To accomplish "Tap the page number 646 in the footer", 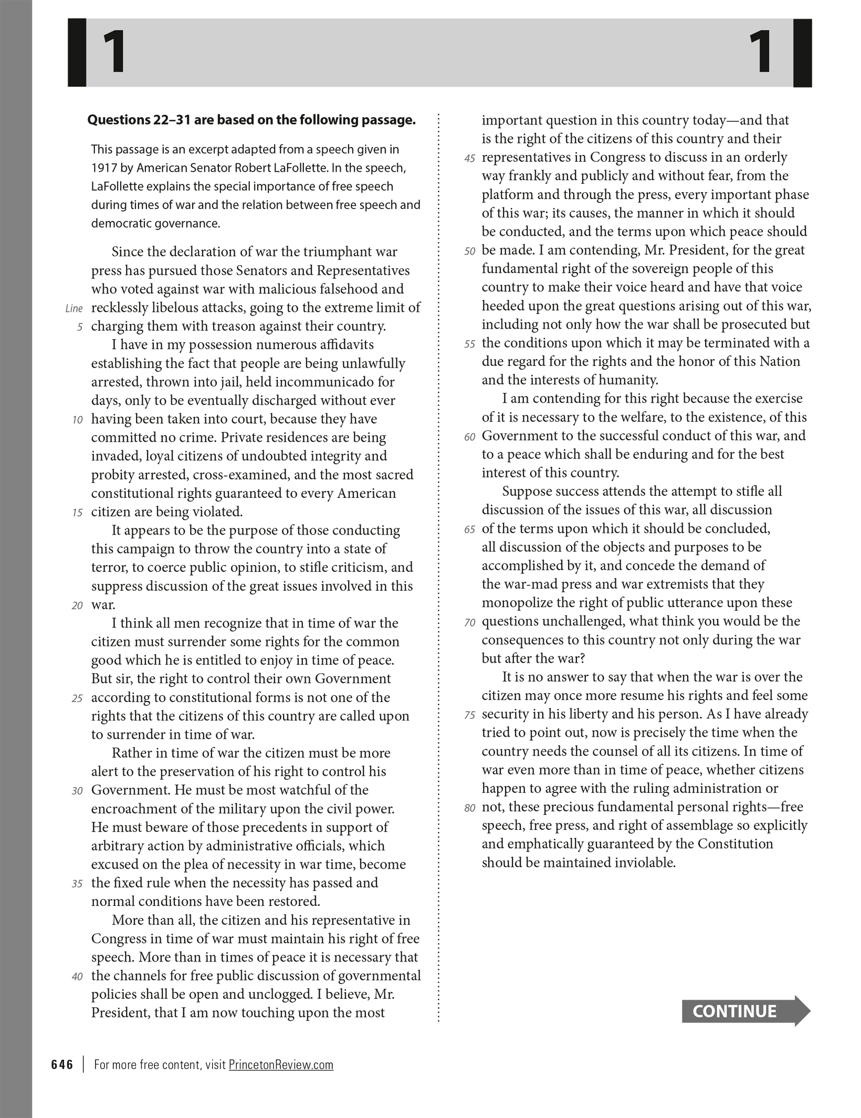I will [62, 1064].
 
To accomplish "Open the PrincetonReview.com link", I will [281, 1064].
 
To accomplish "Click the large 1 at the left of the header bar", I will [114, 53].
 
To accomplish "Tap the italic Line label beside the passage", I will [74, 309].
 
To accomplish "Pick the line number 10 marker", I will [77, 420].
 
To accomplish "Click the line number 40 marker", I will [77, 977].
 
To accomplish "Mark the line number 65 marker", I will [469, 529].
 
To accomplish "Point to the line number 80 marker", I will [469, 808].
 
